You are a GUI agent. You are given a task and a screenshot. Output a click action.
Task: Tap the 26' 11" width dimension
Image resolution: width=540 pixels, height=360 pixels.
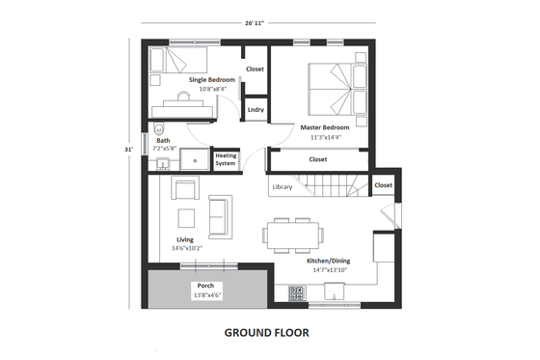point(256,21)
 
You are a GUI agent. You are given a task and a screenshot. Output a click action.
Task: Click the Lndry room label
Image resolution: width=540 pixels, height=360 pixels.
point(256,110)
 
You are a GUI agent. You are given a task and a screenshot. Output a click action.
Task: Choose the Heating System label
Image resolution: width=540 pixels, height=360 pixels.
point(226,158)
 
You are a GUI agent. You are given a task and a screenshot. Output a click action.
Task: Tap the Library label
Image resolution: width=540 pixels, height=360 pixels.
point(282,186)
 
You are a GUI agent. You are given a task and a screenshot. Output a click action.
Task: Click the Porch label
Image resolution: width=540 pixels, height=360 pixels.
point(205,286)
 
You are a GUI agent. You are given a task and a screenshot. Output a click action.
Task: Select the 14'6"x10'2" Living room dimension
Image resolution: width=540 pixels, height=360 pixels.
point(188,248)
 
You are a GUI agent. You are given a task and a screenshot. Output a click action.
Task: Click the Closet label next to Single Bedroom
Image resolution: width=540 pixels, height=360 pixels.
point(256,69)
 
